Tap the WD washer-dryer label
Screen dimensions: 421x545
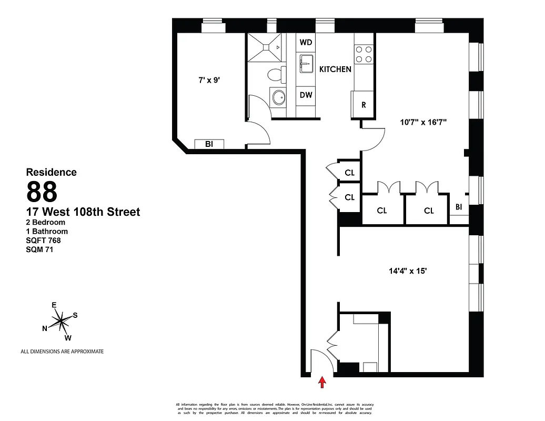click(306, 42)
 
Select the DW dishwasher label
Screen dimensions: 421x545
click(306, 95)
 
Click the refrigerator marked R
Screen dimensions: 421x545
click(363, 103)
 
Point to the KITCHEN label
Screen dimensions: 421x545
click(335, 69)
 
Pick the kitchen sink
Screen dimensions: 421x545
click(306, 66)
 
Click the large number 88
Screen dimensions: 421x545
click(42, 192)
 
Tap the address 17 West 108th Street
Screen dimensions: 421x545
click(83, 212)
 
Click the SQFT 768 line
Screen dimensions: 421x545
click(44, 240)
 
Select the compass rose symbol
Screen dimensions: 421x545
click(62, 320)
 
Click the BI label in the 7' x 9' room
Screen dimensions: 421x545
click(209, 144)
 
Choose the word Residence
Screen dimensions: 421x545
click(52, 172)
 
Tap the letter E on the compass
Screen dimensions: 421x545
click(54, 305)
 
